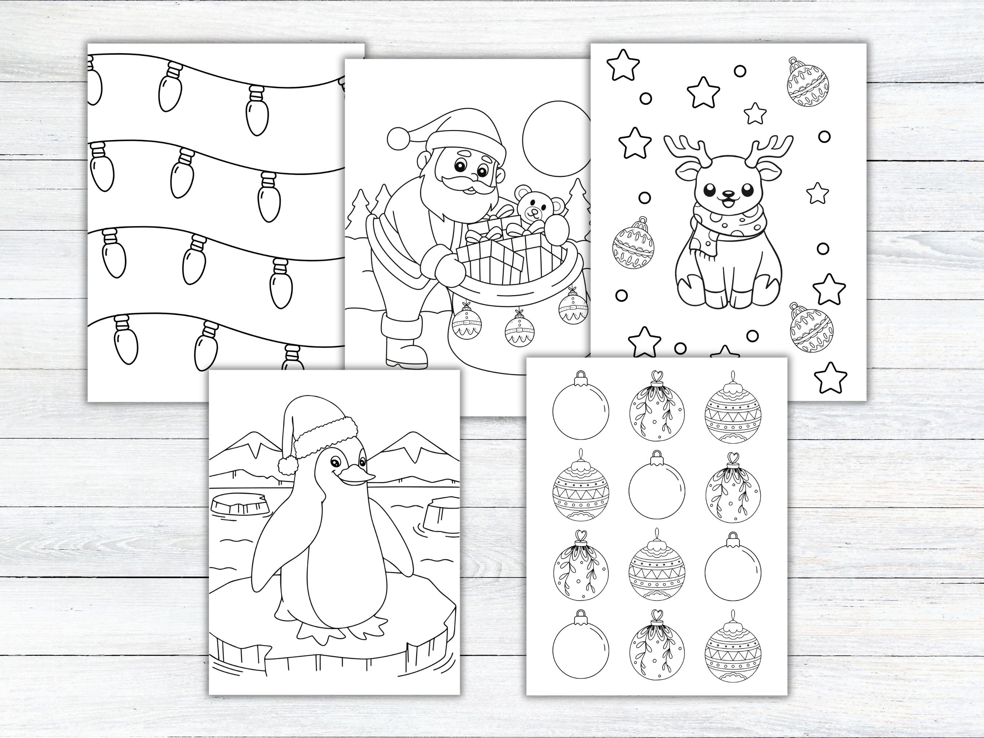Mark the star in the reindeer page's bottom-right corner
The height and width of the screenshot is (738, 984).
click(830, 378)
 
